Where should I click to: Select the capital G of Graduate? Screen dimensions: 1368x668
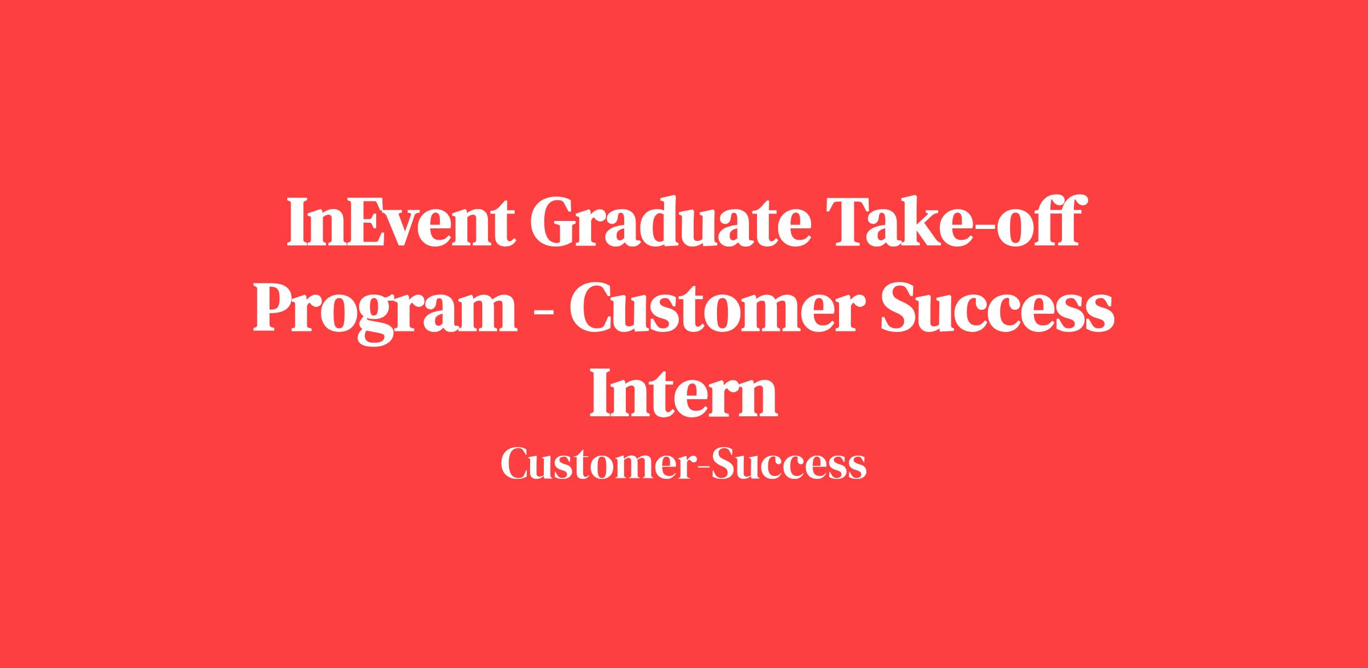click(x=555, y=222)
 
